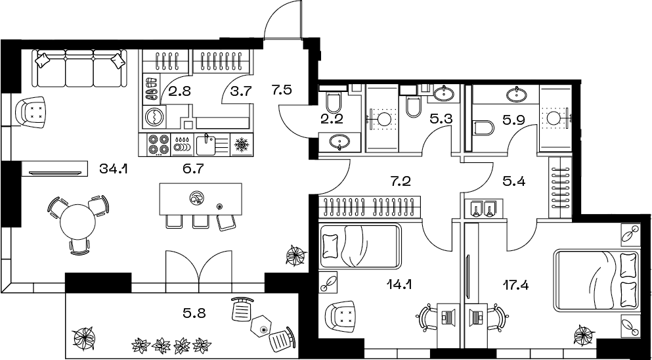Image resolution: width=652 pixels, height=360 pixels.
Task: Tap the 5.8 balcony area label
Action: click(194, 311)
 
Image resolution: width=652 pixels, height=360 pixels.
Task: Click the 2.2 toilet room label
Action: click(332, 120)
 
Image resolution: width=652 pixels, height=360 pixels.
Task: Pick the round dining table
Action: click(77, 221)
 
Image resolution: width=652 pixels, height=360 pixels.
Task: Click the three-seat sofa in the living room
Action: click(79, 68)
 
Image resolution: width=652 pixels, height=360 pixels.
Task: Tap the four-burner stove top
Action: click(159, 145)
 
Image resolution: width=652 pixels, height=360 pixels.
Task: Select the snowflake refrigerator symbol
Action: click(242, 145)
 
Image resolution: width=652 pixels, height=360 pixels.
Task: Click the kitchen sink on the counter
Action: click(206, 145)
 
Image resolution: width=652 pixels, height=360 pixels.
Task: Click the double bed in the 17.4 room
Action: click(596, 280)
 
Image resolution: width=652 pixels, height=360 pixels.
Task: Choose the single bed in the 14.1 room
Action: click(360, 246)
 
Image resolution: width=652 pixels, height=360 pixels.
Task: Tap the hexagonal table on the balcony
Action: click(261, 325)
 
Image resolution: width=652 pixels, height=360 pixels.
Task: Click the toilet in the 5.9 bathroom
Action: click(483, 127)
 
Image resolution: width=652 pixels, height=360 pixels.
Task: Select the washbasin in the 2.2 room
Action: click(339, 143)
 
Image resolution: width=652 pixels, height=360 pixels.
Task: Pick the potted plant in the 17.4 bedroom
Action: click(584, 336)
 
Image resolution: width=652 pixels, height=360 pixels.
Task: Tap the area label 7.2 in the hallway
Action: click(401, 181)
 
